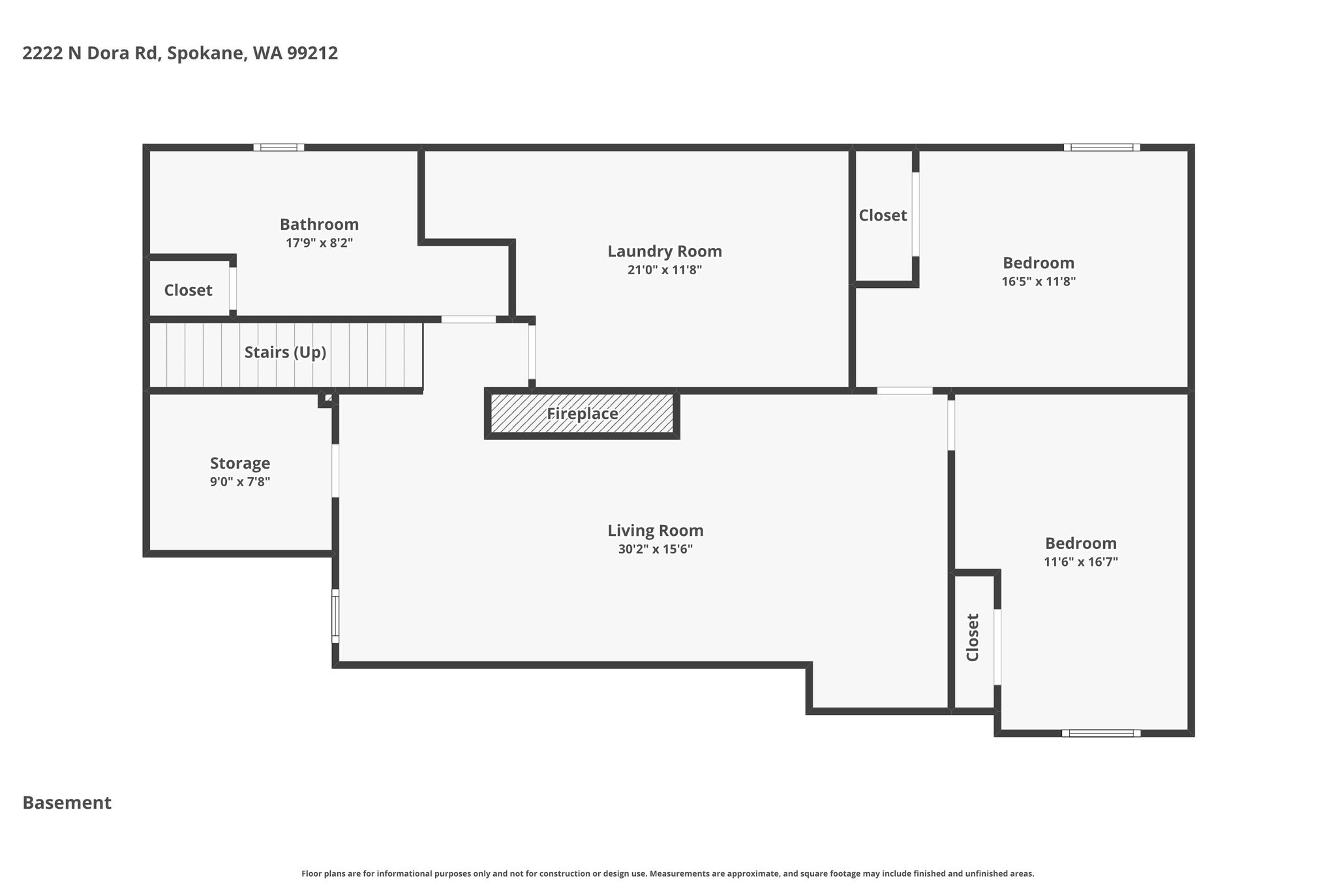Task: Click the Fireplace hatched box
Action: tap(582, 413)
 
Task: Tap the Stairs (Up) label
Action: tap(285, 352)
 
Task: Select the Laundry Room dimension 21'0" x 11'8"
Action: tap(665, 270)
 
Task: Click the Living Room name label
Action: tap(656, 531)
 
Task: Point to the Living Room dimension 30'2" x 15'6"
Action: tap(656, 549)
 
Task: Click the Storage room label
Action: tap(240, 463)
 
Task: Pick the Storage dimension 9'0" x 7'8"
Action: tap(240, 482)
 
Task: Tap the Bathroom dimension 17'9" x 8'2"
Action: tap(320, 243)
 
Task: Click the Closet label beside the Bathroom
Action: tap(188, 290)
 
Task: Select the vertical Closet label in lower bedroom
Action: tap(973, 637)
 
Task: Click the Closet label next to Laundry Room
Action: tap(883, 215)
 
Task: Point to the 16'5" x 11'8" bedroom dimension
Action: tap(1039, 281)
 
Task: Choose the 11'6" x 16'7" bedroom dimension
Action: tap(1081, 561)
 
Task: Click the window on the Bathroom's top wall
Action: tap(279, 148)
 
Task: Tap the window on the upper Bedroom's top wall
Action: tap(1102, 148)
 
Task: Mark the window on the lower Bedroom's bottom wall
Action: tap(1101, 733)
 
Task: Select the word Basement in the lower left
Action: tap(67, 803)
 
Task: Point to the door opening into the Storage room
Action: tap(335, 471)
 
